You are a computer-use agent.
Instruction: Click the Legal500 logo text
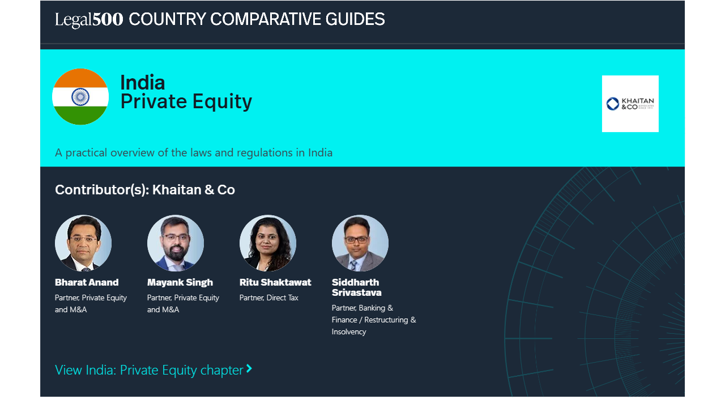(x=89, y=20)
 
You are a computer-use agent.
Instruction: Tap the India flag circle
(x=80, y=96)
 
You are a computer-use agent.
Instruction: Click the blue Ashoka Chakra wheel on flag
(x=80, y=96)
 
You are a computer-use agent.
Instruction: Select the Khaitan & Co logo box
(x=630, y=104)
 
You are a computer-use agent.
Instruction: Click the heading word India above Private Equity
(x=142, y=82)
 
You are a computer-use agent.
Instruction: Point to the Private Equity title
(x=186, y=101)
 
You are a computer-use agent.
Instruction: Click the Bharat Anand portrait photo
(x=83, y=243)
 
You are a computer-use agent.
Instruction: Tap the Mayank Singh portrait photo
(x=176, y=243)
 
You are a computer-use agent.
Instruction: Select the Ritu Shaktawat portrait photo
(x=268, y=243)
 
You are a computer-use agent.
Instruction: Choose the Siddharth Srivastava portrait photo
(x=360, y=243)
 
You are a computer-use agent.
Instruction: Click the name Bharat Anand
(x=87, y=282)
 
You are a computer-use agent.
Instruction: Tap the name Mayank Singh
(x=180, y=283)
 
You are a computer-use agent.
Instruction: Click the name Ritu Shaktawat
(x=275, y=282)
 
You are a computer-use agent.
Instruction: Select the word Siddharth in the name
(x=355, y=282)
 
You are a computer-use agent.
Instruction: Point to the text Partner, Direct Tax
(x=268, y=298)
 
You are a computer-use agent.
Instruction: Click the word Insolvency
(x=349, y=332)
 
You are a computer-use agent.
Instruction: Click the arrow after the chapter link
(x=249, y=368)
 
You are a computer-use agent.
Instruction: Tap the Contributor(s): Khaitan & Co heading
(x=145, y=190)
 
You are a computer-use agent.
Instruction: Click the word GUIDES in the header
(x=355, y=19)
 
